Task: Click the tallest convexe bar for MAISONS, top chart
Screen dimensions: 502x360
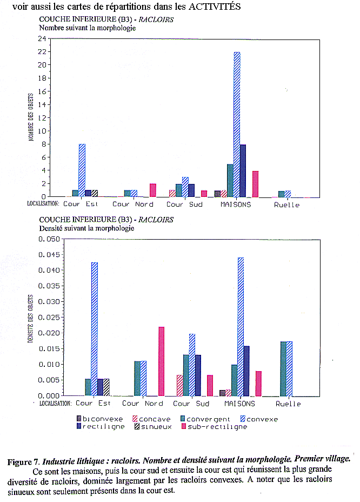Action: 237,124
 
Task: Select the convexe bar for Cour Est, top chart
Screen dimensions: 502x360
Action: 82,170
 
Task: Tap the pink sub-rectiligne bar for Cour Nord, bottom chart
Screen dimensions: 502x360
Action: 161,361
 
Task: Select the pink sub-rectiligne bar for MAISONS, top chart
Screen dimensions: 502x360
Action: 256,183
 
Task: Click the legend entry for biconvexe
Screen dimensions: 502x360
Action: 100,419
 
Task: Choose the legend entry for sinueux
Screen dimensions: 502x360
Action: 153,426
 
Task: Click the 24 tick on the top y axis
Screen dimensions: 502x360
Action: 41,39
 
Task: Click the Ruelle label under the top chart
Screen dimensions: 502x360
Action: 286,204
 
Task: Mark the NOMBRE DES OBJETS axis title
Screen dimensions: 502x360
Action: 31,120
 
